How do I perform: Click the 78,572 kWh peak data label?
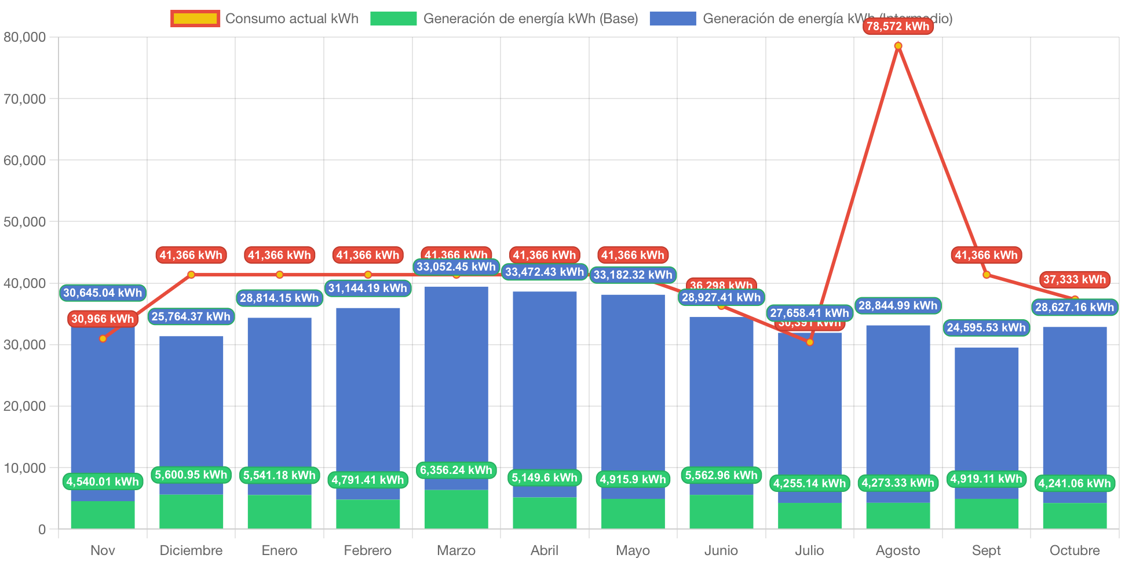tap(897, 26)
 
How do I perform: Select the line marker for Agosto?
tap(898, 46)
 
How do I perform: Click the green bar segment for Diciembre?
tap(191, 511)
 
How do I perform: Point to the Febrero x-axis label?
tap(367, 550)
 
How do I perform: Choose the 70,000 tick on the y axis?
tap(24, 99)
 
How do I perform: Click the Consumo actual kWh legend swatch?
tap(195, 19)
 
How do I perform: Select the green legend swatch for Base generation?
tap(393, 19)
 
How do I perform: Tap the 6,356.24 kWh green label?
tap(456, 470)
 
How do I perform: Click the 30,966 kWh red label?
tap(103, 319)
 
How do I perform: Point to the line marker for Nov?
tap(103, 338)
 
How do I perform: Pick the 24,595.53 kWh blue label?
tap(986, 327)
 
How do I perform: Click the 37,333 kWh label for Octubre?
tap(1075, 279)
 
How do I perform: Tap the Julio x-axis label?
tap(809, 550)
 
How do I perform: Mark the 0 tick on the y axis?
tap(42, 529)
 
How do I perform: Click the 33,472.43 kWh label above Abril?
tap(545, 272)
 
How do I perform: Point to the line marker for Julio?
tap(810, 342)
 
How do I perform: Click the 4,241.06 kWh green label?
tap(1075, 483)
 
